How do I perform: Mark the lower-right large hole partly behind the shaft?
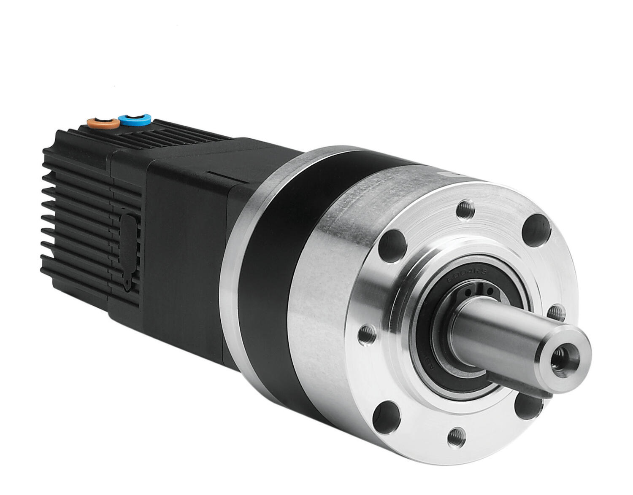click(x=527, y=407)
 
